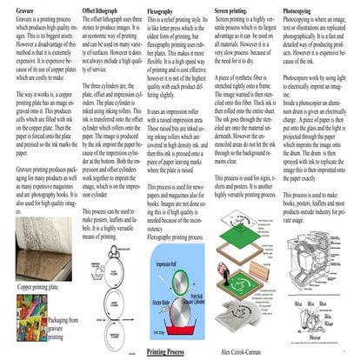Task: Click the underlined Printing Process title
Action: (165, 351)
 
